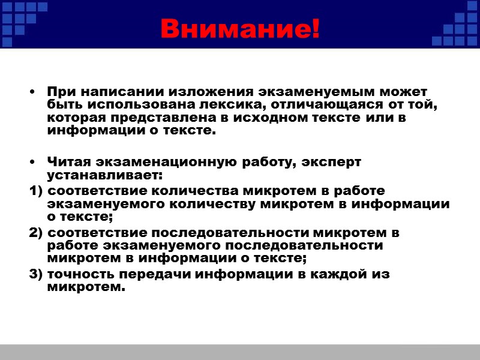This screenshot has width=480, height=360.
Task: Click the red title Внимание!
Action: click(x=240, y=29)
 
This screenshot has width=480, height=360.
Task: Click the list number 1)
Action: click(x=36, y=191)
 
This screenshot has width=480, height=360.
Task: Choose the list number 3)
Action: click(x=36, y=274)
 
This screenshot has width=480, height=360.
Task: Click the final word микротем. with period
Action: click(x=86, y=287)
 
